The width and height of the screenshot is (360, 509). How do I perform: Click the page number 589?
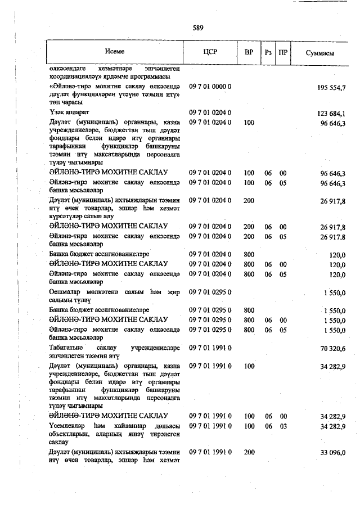pyautogui.click(x=197, y=27)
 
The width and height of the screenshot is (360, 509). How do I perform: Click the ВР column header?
pyautogui.click(x=249, y=52)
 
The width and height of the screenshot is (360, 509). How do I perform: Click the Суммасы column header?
pyautogui.click(x=320, y=52)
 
